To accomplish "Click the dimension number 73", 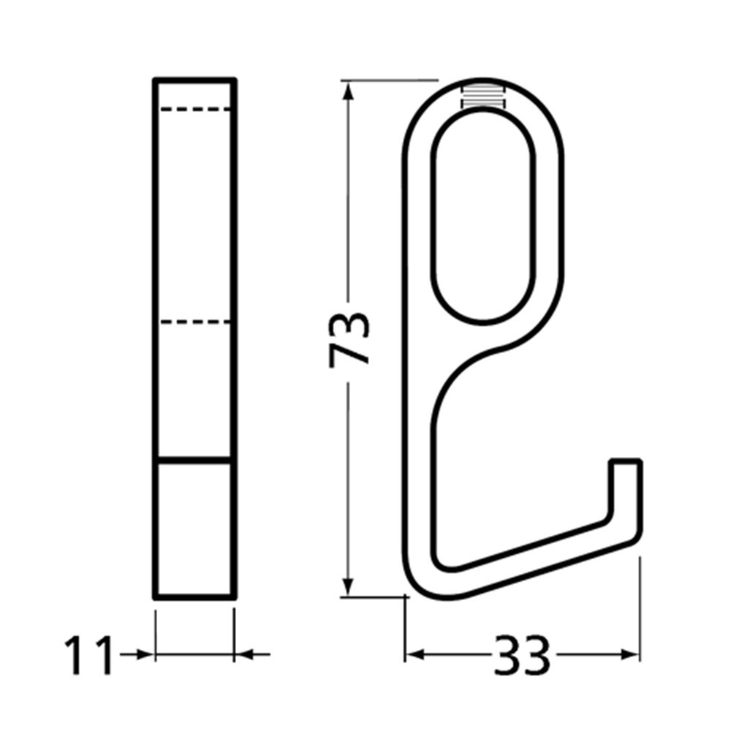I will [x=349, y=339].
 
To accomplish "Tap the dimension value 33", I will [x=522, y=656].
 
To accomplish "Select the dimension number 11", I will [x=90, y=656].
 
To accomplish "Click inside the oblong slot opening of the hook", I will [x=483, y=219].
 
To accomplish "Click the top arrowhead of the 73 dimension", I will [x=349, y=91].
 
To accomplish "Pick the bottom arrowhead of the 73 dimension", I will [x=349, y=585].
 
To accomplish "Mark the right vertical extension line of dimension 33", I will [x=640, y=607].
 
